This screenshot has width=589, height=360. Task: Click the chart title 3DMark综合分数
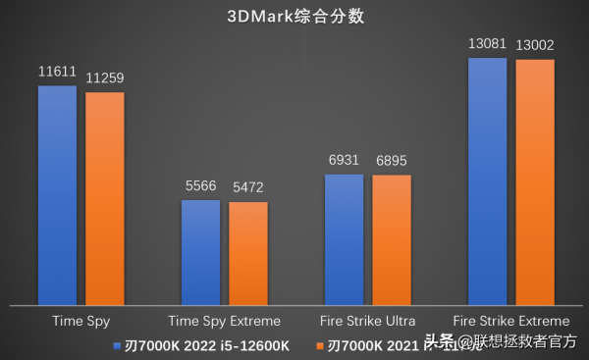point(294,16)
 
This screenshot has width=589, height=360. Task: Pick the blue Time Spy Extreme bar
point(200,252)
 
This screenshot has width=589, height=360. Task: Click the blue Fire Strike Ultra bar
point(344,239)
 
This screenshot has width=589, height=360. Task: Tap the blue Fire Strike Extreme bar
point(488,180)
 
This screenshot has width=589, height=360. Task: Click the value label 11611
point(57,74)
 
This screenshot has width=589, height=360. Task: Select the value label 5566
point(200,187)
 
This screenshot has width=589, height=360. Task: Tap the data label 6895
point(392,162)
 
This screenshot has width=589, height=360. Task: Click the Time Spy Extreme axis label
point(225,321)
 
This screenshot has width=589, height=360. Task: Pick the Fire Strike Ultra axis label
point(368,321)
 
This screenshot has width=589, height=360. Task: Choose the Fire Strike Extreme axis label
point(511,321)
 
